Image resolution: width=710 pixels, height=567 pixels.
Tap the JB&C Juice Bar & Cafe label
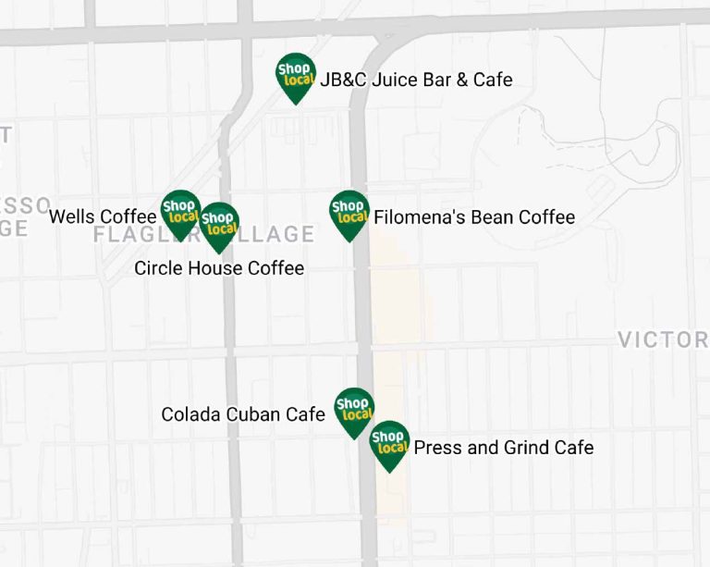point(416,80)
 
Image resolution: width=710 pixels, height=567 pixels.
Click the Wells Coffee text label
point(103,216)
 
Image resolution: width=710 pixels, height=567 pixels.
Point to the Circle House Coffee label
point(219,268)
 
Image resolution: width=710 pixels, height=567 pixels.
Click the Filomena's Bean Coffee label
point(474,217)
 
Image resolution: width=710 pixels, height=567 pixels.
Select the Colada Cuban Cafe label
point(243,414)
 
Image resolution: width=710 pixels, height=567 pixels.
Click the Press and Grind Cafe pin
point(389,443)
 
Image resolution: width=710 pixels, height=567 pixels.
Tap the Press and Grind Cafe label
point(503,448)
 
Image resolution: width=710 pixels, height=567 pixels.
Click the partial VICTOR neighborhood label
point(663,339)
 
